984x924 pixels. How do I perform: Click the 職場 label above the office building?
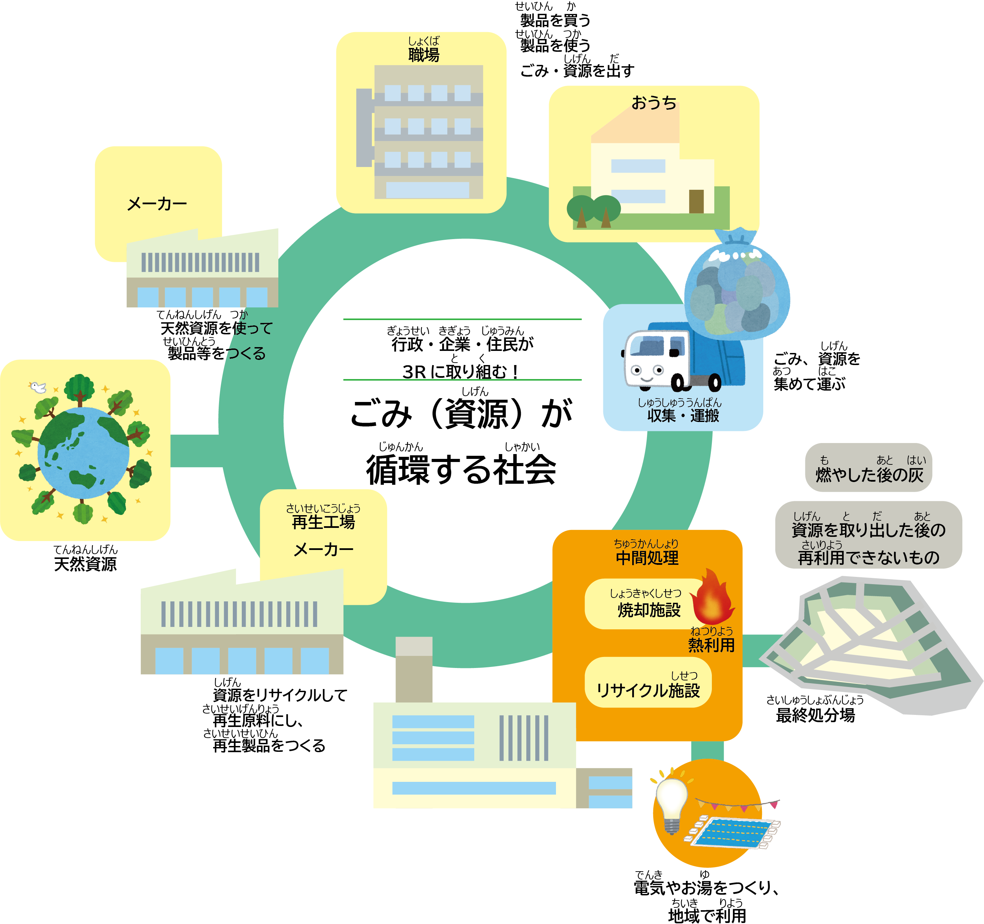click(x=423, y=55)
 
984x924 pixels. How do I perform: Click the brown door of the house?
click(x=696, y=201)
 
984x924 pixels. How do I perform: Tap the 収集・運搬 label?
click(x=683, y=415)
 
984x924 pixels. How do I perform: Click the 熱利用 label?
click(x=711, y=645)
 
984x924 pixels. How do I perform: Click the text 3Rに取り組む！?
click(x=461, y=371)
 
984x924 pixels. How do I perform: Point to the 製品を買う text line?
click(x=555, y=20)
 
